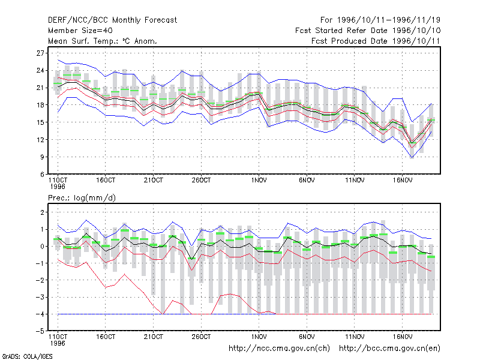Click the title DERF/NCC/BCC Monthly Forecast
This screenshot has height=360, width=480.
112,20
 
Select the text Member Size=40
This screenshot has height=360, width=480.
80,31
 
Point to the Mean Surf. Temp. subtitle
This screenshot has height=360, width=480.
102,41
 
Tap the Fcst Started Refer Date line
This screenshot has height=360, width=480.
368,31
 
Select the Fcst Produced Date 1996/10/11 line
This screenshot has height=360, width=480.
376,41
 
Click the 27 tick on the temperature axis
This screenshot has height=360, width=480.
40,53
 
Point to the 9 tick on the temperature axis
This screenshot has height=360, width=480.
42,157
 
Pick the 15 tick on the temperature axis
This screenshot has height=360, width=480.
40,122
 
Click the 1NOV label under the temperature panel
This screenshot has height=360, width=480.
259,181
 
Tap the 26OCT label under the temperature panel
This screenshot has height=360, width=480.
201,181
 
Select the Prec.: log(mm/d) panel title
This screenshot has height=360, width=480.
82,198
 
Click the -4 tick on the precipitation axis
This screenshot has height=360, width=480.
40,314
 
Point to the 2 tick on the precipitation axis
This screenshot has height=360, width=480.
43,212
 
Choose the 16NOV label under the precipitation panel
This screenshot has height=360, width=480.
403,337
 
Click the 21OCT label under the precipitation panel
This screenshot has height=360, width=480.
154,337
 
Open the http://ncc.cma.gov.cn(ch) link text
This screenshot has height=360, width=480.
279,349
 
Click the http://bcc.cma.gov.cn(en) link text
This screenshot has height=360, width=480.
389,349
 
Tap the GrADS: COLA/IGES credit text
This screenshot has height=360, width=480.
27,356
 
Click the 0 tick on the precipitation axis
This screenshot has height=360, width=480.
43,247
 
